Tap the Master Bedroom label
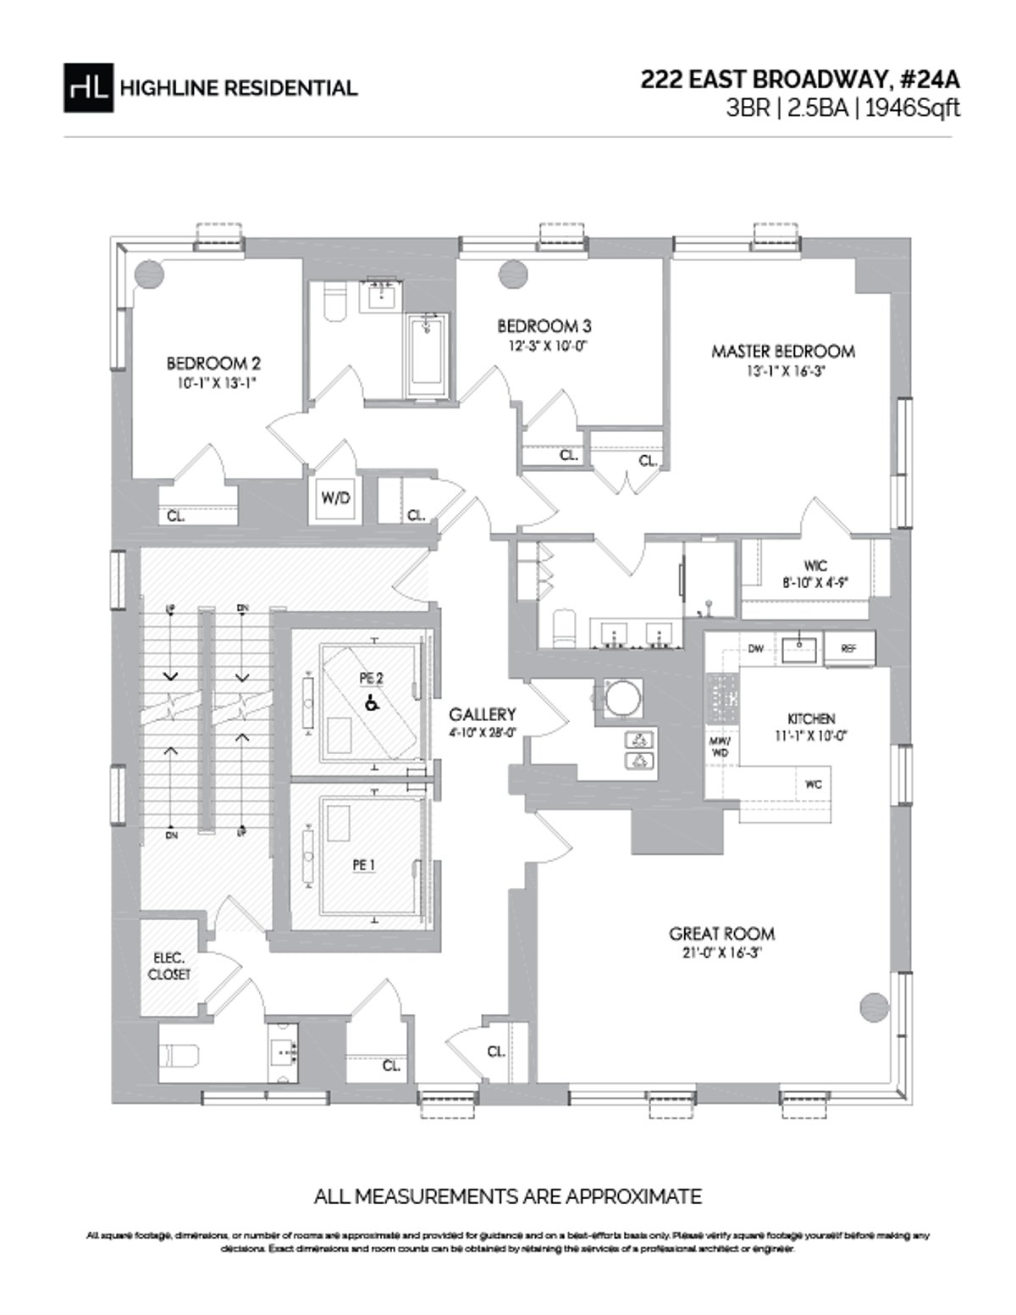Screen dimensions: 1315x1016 pos(782,351)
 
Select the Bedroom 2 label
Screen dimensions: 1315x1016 pos(213,363)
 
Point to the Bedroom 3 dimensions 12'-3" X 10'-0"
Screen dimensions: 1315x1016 pos(544,345)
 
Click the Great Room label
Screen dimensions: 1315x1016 pos(721,934)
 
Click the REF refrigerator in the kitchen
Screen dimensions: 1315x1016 pos(849,648)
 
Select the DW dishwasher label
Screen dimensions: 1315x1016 pos(756,649)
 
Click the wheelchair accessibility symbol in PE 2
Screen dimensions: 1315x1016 pos(370,702)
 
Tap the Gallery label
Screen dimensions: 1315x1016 pos(483,713)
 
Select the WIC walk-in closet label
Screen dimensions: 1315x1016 pos(816,565)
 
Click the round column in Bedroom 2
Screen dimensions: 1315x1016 pos(149,274)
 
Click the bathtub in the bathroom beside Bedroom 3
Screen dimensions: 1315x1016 pos(425,356)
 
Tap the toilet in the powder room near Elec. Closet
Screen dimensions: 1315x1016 pos(179,1056)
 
